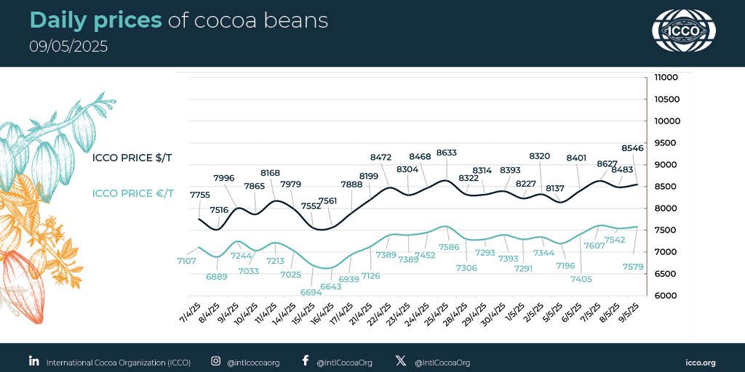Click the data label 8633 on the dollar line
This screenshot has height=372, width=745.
pyautogui.click(x=446, y=153)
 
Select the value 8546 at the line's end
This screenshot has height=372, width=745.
pyautogui.click(x=633, y=148)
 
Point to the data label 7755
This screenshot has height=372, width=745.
pyautogui.click(x=201, y=195)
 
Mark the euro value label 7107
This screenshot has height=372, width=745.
pyautogui.click(x=186, y=260)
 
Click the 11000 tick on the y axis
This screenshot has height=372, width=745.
pyautogui.click(x=666, y=77)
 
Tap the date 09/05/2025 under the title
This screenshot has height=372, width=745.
pyautogui.click(x=68, y=46)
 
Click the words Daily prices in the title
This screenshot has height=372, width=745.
pyautogui.click(x=95, y=20)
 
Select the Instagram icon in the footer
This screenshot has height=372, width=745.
pyautogui.click(x=215, y=361)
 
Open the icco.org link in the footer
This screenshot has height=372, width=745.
pyautogui.click(x=701, y=362)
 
